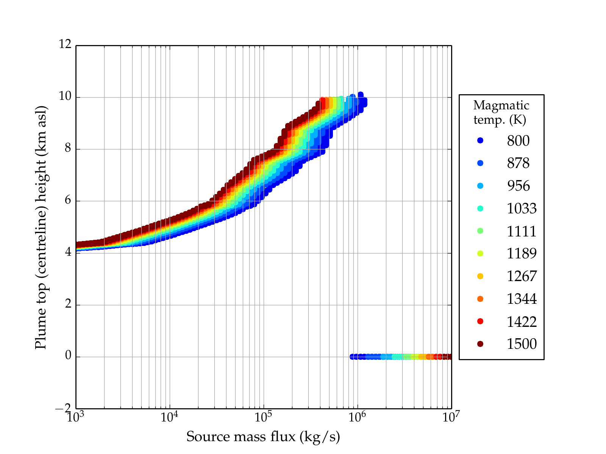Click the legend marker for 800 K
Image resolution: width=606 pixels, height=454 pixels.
point(480,140)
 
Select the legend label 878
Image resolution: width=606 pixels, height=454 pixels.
point(518,163)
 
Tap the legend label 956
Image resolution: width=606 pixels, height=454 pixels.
point(518,186)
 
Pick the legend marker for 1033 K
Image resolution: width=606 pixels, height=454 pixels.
point(480,208)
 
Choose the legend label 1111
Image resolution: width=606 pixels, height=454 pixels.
point(522,231)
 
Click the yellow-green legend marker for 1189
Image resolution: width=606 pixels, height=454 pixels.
point(480,253)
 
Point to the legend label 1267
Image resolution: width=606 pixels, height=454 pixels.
point(522,276)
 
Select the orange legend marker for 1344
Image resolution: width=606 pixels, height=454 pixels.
point(480,299)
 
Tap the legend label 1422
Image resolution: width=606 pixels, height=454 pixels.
point(522,322)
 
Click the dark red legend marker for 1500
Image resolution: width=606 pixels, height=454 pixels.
point(480,344)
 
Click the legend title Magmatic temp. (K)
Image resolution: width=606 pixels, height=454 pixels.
point(501,112)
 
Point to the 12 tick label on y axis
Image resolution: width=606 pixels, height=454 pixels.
point(65,45)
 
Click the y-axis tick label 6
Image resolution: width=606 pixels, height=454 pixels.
point(68,200)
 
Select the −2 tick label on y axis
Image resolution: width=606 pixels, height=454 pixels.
point(63,408)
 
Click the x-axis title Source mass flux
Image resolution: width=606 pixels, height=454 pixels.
point(263,437)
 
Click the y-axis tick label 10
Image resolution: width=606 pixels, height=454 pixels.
point(65,96)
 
